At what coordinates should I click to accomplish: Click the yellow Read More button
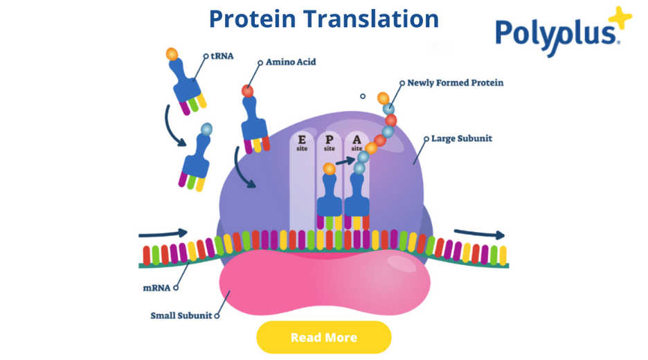tap(323, 338)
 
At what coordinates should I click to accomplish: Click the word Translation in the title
tap(373, 19)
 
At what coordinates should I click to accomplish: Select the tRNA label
tap(222, 56)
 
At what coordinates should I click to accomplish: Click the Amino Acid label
tap(291, 62)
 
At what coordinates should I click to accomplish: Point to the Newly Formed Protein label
tap(455, 82)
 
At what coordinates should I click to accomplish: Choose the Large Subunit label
tap(461, 138)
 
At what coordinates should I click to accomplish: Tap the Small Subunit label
tap(181, 316)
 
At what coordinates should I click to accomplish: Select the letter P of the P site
tap(329, 139)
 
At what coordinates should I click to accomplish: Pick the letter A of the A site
tap(357, 139)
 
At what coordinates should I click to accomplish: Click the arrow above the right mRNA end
tap(480, 234)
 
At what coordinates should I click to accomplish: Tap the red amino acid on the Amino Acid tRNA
tap(247, 91)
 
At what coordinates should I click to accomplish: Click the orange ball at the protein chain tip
tap(383, 98)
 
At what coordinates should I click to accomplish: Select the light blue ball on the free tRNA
tap(206, 129)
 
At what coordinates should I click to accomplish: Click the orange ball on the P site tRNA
tap(329, 168)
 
